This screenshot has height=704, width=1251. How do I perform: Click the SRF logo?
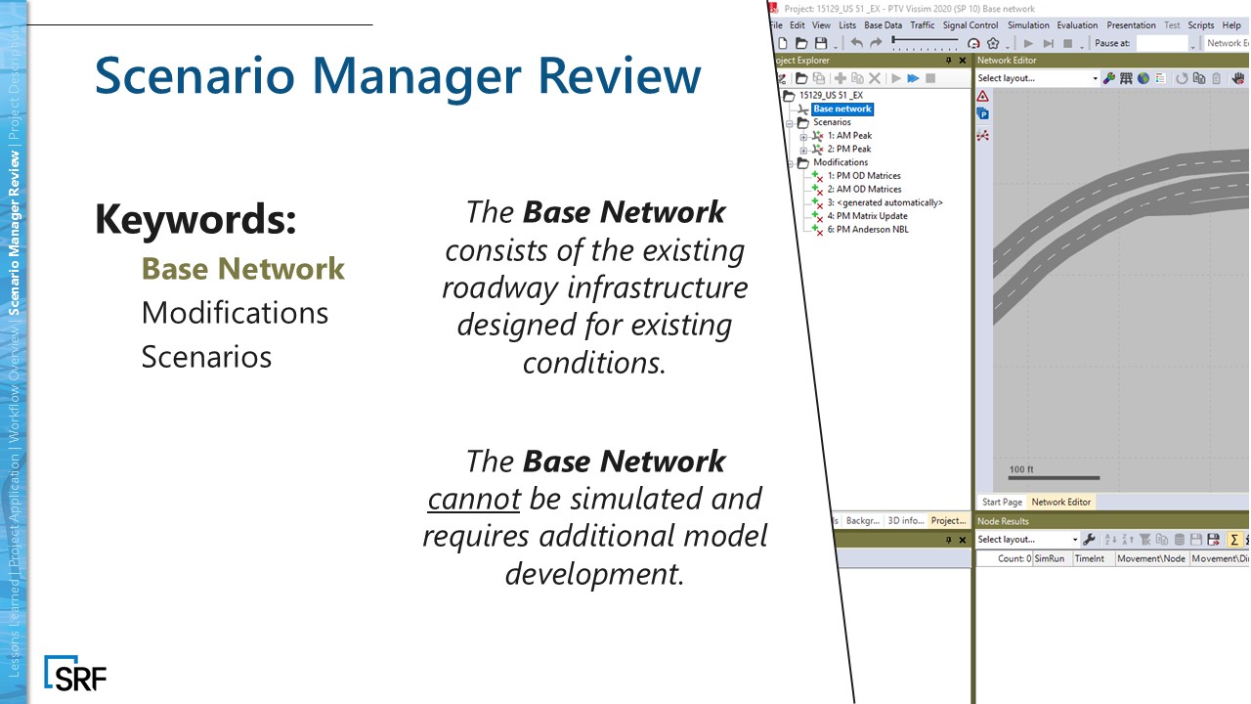(x=75, y=674)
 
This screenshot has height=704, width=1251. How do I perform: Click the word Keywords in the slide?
(x=194, y=218)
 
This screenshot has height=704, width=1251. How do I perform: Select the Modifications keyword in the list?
(x=235, y=313)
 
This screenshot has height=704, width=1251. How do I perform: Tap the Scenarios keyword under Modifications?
(x=206, y=356)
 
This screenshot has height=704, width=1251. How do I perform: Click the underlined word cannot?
(x=473, y=499)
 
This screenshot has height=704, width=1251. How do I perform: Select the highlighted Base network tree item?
(x=841, y=109)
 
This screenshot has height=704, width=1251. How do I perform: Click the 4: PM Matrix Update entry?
(x=867, y=216)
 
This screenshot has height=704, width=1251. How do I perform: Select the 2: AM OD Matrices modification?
(x=864, y=189)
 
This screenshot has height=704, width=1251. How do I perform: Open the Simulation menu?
(x=1027, y=25)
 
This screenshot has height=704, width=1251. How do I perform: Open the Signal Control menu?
(x=970, y=25)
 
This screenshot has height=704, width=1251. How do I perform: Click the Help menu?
(x=1230, y=25)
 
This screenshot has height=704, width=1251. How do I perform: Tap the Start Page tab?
(x=1001, y=502)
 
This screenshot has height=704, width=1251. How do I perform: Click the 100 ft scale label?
(x=1021, y=469)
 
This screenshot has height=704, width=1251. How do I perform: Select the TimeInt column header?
(x=1088, y=558)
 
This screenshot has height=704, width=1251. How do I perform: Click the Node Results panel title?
(x=1003, y=521)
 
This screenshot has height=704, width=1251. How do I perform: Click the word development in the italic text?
(x=594, y=573)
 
